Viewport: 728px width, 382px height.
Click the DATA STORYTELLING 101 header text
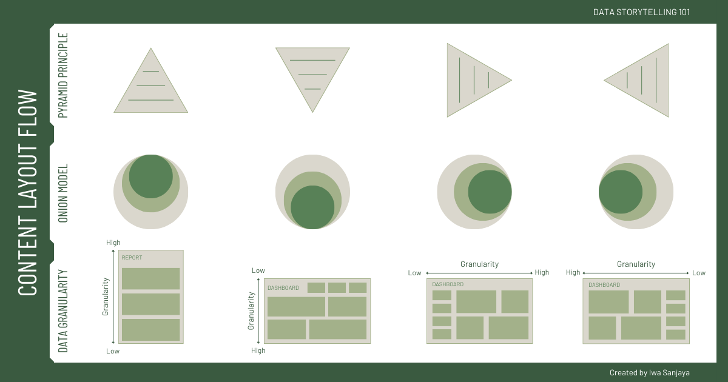click(x=641, y=12)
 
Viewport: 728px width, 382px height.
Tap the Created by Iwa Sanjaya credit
click(x=649, y=373)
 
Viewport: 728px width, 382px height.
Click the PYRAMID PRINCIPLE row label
click(x=63, y=75)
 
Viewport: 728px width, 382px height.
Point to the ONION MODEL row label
click(x=63, y=193)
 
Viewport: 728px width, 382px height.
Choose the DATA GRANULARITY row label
click(x=63, y=311)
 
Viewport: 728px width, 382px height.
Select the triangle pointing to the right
click(x=470, y=80)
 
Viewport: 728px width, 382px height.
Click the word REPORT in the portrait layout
click(x=132, y=258)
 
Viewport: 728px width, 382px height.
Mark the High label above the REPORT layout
click(x=113, y=243)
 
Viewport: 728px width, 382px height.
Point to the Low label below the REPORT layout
click(x=113, y=351)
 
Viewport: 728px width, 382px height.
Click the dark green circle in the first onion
click(x=151, y=176)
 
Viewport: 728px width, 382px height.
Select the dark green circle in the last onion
click(x=621, y=192)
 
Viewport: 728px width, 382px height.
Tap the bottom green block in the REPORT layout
click(x=151, y=330)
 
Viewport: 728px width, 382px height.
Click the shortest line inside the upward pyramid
click(x=151, y=72)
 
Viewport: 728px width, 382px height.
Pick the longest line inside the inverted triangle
click(x=312, y=61)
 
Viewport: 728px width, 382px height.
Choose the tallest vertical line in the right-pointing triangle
click(x=460, y=80)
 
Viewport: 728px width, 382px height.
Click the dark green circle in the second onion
click(x=312, y=207)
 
